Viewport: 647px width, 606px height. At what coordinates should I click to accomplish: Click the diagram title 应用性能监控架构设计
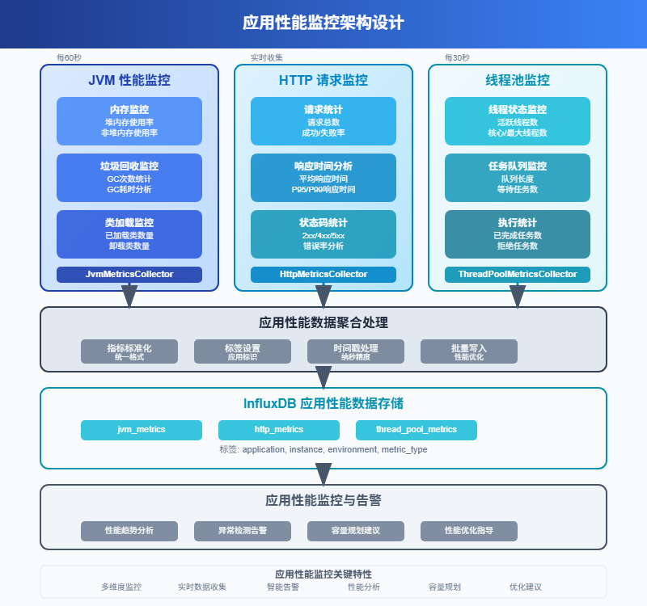tap(323, 23)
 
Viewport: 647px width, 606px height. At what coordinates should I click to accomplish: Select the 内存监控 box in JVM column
tap(129, 121)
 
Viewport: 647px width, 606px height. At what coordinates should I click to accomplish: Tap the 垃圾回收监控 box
tap(129, 178)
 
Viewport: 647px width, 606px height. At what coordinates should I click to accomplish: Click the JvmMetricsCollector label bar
tap(129, 275)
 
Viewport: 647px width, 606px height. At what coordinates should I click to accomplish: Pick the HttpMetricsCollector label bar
tap(323, 275)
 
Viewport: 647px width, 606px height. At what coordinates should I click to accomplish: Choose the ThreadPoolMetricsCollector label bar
tap(518, 275)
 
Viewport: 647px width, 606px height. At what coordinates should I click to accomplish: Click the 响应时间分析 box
tap(323, 178)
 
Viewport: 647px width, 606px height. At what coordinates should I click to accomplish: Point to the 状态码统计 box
tap(323, 234)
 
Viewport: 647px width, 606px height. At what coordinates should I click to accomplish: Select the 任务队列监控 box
tap(518, 178)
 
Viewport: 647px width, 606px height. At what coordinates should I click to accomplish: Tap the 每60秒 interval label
tap(69, 58)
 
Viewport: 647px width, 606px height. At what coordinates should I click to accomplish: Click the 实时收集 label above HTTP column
tap(267, 58)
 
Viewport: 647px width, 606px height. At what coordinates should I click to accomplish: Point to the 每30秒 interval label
tap(457, 58)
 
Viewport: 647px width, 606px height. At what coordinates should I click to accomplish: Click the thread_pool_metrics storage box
tap(417, 430)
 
